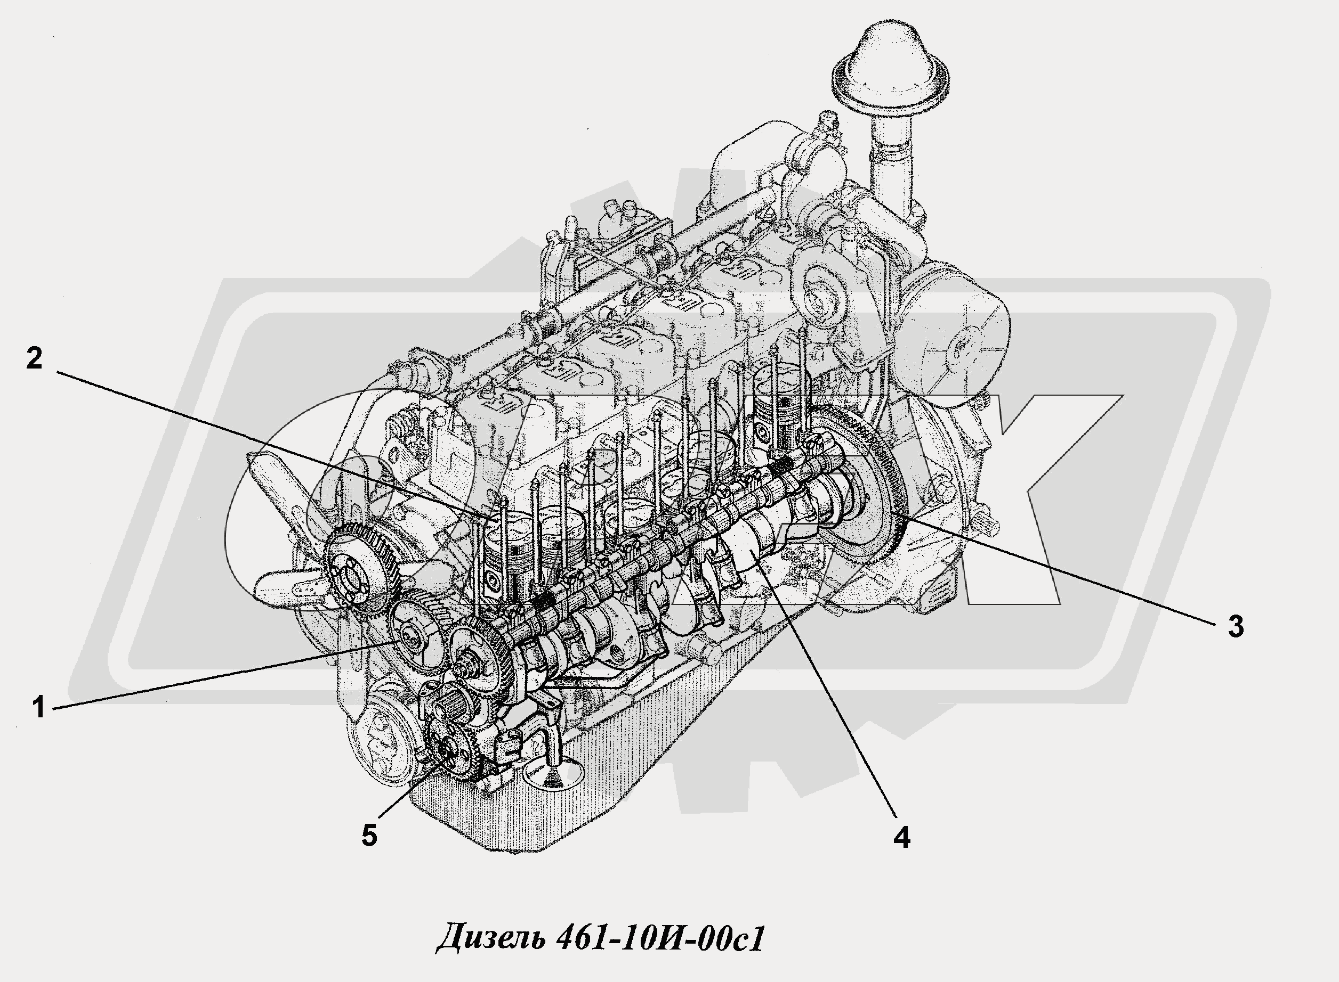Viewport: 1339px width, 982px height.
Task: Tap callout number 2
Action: click(x=34, y=358)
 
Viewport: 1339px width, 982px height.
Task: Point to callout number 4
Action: click(x=902, y=837)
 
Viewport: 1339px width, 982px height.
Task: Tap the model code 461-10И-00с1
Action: click(x=659, y=938)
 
